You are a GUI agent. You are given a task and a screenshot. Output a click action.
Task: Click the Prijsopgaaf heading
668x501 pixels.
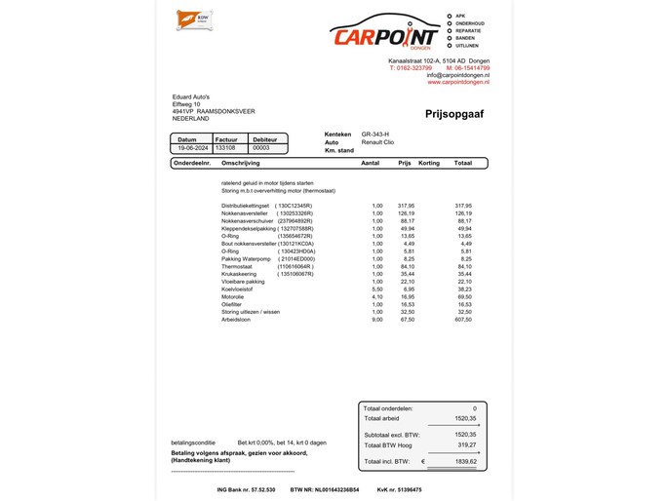pos(454,114)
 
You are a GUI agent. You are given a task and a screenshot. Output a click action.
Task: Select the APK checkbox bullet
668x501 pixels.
pos(449,16)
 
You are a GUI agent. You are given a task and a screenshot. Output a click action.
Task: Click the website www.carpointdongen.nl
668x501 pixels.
pos(458,82)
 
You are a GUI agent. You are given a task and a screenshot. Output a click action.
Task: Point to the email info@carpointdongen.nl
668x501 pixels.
pos(457,75)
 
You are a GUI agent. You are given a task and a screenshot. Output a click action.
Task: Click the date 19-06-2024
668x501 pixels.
pos(190,148)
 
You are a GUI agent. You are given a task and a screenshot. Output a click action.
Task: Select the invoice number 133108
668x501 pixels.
pos(225,148)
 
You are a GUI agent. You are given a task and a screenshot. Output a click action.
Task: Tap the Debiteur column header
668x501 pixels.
pos(264,139)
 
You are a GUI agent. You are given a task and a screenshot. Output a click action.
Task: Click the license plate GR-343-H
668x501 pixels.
pos(374,134)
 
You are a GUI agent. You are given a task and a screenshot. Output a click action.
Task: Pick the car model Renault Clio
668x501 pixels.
pos(379,142)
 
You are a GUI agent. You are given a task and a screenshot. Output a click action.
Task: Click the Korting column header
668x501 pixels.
pos(429,163)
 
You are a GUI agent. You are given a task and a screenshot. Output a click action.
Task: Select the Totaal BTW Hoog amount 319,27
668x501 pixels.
pos(466,444)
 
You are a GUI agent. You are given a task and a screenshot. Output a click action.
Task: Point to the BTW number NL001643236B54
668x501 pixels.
pos(325,489)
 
